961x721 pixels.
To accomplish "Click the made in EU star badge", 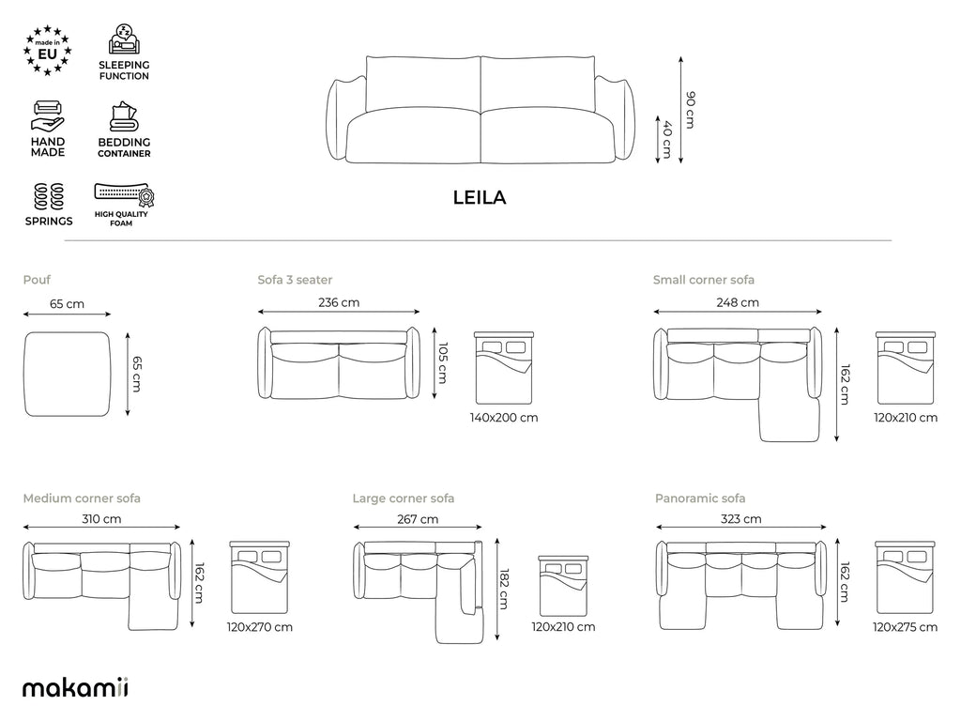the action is (x=48, y=51).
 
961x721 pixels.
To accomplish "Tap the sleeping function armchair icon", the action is (x=125, y=39).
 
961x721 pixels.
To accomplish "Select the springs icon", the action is (x=49, y=196).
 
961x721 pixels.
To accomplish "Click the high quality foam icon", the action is (x=125, y=195).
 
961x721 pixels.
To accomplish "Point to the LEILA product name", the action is (x=480, y=197).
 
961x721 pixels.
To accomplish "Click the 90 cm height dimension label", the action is (x=691, y=110).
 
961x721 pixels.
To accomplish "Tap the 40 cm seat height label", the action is (x=667, y=139).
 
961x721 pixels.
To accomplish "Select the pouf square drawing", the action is (x=68, y=374).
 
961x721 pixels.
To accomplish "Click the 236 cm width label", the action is (x=339, y=302).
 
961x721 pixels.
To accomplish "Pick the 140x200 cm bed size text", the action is (x=504, y=418).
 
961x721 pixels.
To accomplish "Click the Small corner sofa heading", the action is (x=704, y=280).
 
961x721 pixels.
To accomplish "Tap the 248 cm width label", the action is (x=738, y=302).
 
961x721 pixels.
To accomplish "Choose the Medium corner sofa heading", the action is (x=82, y=499).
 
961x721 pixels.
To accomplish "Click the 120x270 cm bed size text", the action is (x=260, y=627).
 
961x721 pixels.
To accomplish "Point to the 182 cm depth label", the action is (x=504, y=590).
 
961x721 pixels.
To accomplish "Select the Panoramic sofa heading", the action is (x=700, y=499).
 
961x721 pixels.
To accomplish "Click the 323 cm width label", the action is (x=741, y=519).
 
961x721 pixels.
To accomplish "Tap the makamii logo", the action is (x=75, y=687).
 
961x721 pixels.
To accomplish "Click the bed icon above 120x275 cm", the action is (x=906, y=577).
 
